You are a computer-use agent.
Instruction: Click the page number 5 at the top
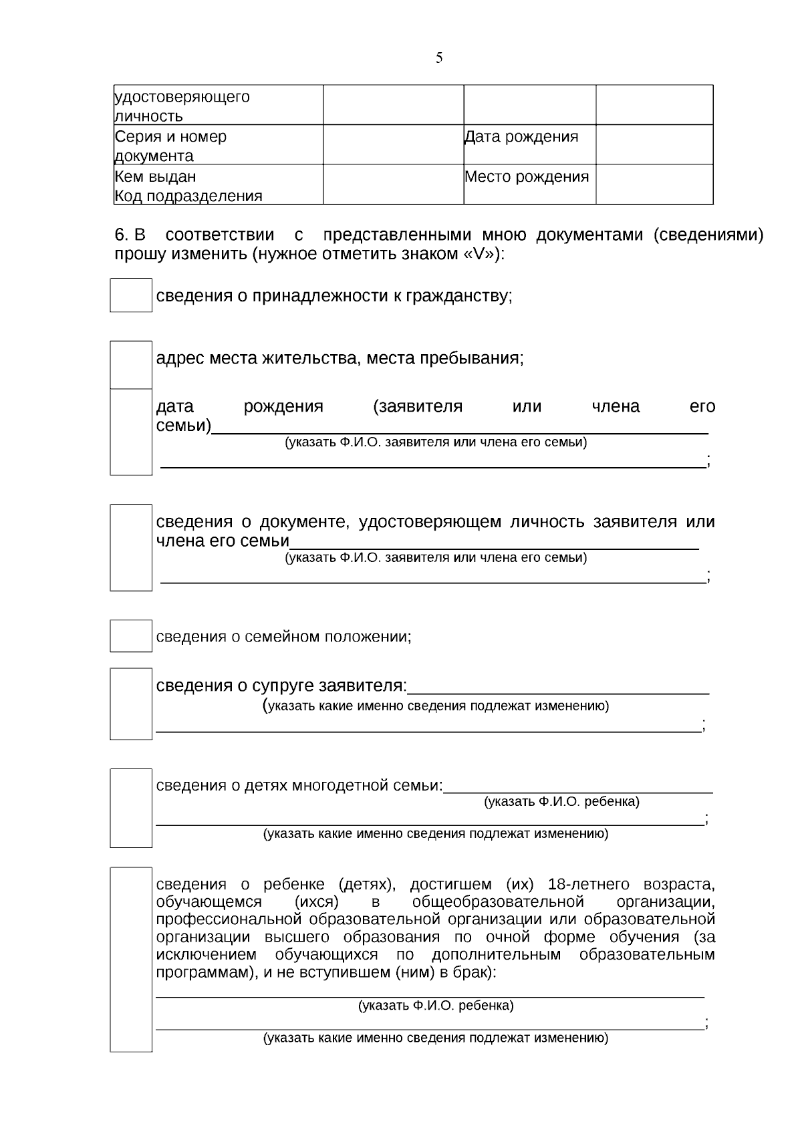(x=439, y=58)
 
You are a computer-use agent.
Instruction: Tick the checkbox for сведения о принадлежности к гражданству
(x=131, y=295)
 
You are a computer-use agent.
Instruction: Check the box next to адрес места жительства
(x=131, y=365)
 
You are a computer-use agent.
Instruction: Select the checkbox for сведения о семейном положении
(x=131, y=636)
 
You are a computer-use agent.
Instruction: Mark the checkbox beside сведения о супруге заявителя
(x=131, y=704)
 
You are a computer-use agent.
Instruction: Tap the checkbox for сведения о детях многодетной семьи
(x=131, y=808)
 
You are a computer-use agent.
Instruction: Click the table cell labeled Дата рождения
(x=521, y=137)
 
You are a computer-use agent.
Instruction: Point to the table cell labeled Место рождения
(x=527, y=177)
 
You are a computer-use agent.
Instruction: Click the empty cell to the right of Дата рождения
(x=654, y=144)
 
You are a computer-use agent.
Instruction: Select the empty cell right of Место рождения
(x=654, y=184)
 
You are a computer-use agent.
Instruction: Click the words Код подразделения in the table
(x=188, y=196)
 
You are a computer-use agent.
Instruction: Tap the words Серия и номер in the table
(x=171, y=137)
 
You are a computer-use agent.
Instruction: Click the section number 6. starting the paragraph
(x=121, y=235)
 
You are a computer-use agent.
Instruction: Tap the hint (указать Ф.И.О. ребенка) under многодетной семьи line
(x=561, y=802)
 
